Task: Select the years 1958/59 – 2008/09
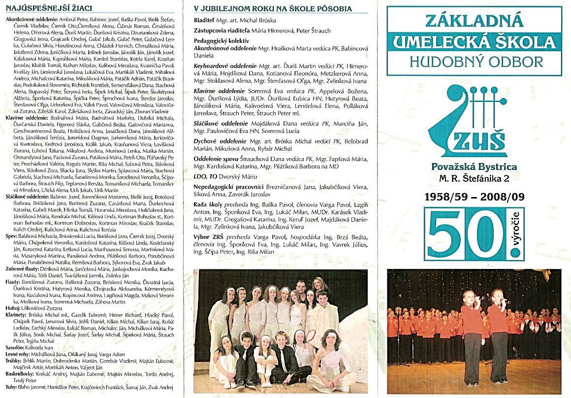click(475, 197)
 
